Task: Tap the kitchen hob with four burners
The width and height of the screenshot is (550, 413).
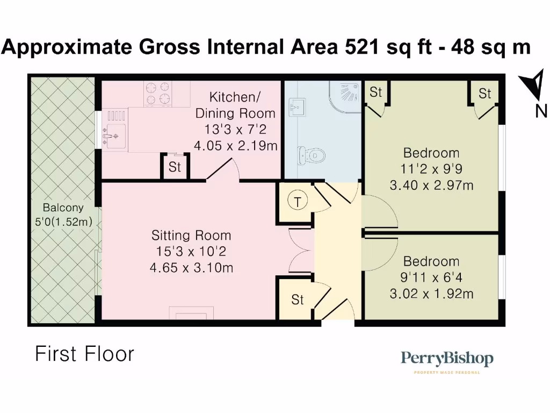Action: tap(157, 93)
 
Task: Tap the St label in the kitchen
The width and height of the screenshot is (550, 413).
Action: tap(175, 167)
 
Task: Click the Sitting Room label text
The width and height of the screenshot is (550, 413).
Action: tap(191, 236)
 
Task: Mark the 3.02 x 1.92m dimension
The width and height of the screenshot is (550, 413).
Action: tap(431, 294)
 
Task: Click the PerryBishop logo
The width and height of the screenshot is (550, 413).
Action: tap(447, 359)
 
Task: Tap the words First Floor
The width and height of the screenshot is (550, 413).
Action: tap(84, 354)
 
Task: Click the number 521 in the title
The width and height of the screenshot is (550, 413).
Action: tap(361, 47)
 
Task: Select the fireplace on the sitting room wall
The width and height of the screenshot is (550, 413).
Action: tap(191, 313)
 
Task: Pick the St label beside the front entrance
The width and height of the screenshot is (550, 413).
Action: tap(298, 300)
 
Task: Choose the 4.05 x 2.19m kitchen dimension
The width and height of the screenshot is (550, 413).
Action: tap(236, 145)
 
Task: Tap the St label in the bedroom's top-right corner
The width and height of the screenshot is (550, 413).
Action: tap(484, 94)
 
